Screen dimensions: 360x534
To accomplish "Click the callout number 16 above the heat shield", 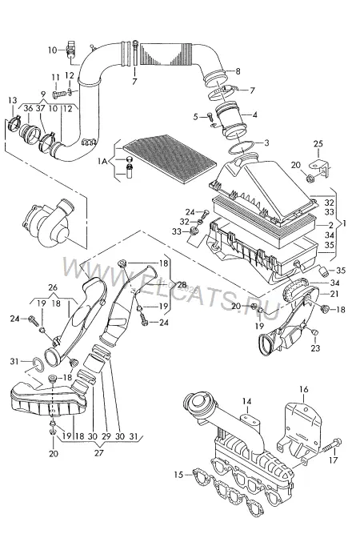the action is (303, 389).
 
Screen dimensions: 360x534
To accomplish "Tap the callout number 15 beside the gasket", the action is (178, 475).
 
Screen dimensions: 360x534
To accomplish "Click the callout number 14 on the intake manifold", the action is (246, 402).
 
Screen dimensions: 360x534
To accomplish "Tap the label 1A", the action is (102, 161).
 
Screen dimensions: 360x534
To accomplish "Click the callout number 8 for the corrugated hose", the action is (238, 71).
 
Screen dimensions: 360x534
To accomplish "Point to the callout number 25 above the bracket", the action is (318, 144).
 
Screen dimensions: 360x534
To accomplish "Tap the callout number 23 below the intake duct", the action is (315, 348).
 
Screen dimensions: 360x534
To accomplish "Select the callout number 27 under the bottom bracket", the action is (98, 453).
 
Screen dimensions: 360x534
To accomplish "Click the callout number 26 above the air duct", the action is (53, 287).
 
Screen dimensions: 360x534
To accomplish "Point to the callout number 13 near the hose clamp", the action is (12, 100).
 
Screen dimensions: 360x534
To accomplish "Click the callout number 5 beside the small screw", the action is (195, 117).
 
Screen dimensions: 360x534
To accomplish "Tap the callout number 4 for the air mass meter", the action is (254, 114).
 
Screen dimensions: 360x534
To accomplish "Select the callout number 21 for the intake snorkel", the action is (334, 293).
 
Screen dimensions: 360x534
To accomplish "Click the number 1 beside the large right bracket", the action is (344, 223).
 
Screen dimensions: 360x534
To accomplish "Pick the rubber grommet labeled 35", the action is (323, 271).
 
